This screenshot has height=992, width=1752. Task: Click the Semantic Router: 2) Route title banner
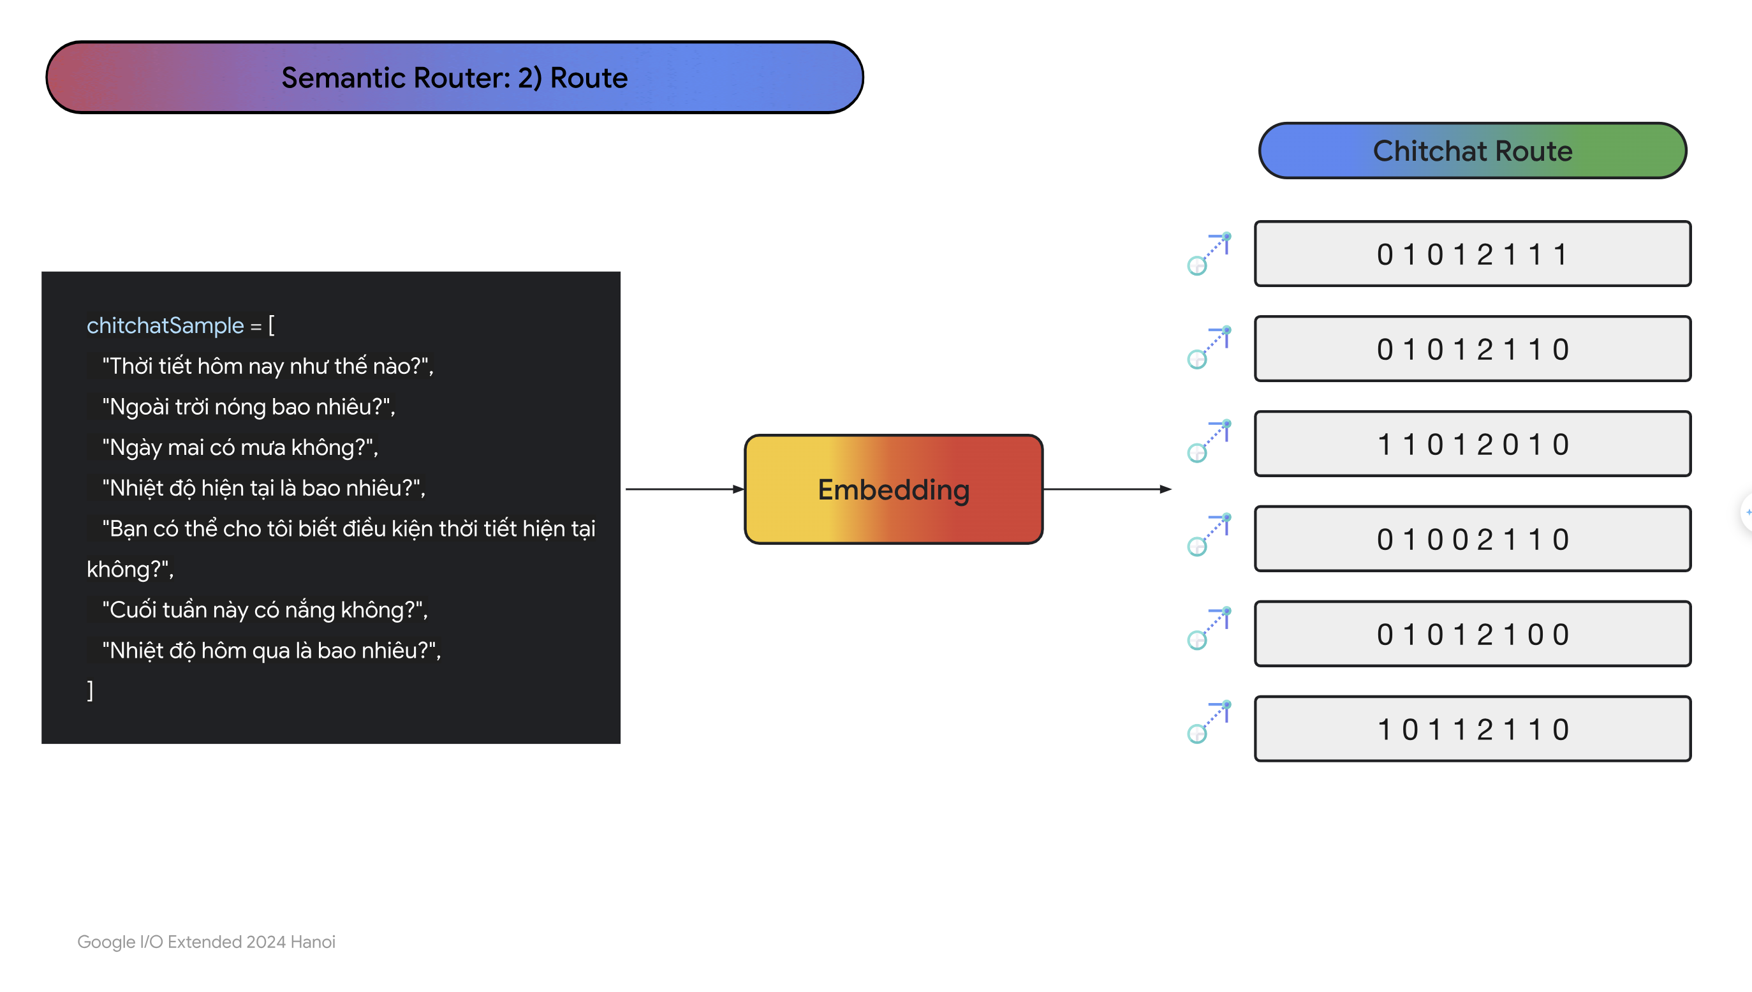click(x=454, y=77)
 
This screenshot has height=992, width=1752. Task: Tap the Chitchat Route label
click(x=1472, y=151)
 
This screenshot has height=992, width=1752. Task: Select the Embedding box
click(x=894, y=489)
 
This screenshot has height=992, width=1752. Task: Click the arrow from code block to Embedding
click(x=684, y=489)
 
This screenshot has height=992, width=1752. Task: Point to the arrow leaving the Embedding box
click(x=1108, y=489)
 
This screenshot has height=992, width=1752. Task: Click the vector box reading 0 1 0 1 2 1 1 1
click(x=1472, y=253)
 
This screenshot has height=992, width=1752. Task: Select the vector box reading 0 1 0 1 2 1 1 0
click(x=1472, y=349)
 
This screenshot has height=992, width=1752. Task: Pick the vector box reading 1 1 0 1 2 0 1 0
click(x=1472, y=443)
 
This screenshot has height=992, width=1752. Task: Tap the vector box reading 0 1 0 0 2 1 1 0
click(x=1472, y=539)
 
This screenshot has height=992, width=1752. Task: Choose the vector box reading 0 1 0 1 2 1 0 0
click(x=1472, y=633)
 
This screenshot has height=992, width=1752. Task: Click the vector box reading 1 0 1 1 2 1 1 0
click(x=1472, y=729)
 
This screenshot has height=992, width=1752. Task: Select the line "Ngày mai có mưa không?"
click(x=240, y=448)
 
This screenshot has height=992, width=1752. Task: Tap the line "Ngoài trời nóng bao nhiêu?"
click(x=249, y=407)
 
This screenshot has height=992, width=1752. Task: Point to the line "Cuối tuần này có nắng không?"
click(x=265, y=610)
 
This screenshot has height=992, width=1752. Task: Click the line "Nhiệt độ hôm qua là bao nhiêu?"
click(x=271, y=651)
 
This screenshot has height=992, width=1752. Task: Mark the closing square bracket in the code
click(x=90, y=691)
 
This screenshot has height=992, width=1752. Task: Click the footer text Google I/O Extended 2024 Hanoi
click(x=207, y=942)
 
